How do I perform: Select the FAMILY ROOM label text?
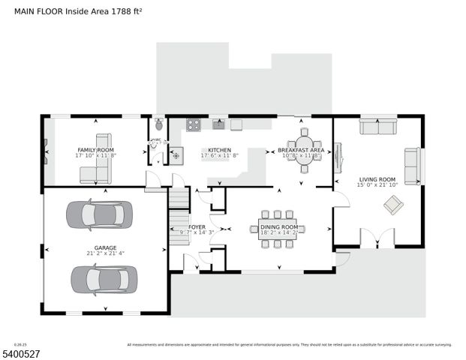[95, 150]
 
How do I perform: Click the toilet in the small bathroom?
[158, 124]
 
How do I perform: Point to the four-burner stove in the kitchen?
[193, 124]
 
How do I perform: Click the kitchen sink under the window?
[218, 124]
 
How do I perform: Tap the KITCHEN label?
[219, 150]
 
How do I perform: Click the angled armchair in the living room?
[392, 205]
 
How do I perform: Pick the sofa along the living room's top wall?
[377, 127]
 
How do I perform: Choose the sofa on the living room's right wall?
[413, 166]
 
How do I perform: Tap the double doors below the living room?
[377, 239]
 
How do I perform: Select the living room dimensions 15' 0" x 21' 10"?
[377, 184]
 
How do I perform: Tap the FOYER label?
[197, 226]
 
